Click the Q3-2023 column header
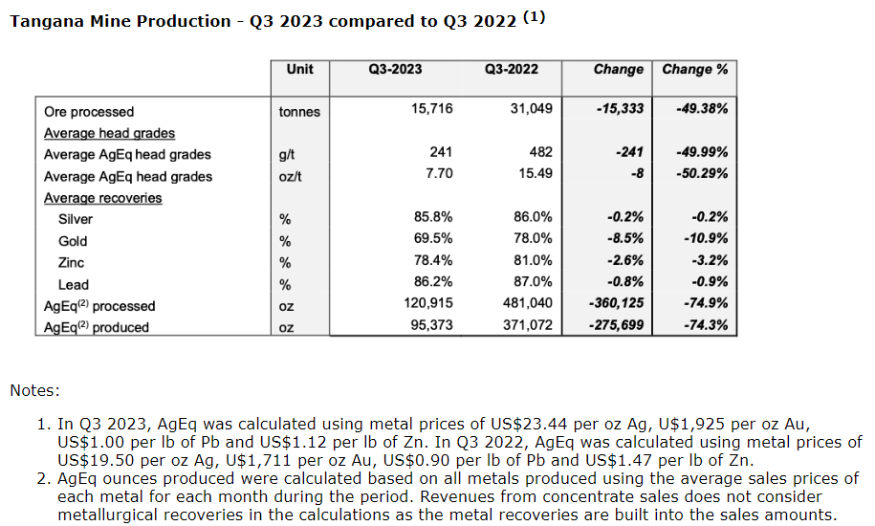tap(395, 70)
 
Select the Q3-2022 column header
tap(511, 70)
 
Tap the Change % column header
tap(695, 70)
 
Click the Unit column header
tap(299, 70)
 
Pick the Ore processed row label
tap(89, 111)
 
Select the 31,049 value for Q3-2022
tap(533, 110)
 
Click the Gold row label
tap(73, 241)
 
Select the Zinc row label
tap(72, 263)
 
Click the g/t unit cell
tap(286, 154)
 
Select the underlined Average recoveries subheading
tap(102, 198)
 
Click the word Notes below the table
tap(34, 390)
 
